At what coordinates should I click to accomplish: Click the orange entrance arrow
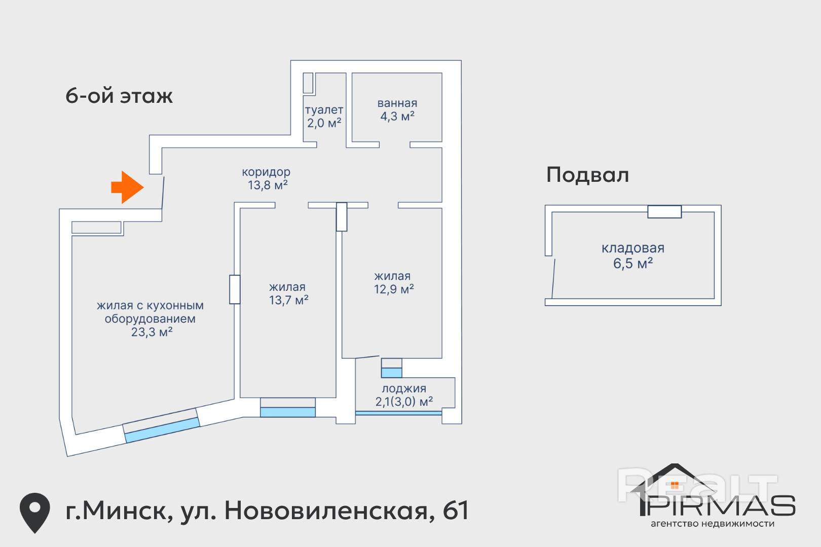(x=127, y=187)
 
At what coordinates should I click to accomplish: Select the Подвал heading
(x=587, y=175)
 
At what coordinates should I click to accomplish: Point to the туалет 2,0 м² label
(x=324, y=116)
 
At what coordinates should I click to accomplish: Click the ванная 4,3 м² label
(x=397, y=110)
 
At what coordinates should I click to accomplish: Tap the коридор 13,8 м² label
(x=267, y=179)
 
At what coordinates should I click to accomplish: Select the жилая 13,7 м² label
(x=288, y=294)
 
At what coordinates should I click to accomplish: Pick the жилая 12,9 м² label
(x=393, y=283)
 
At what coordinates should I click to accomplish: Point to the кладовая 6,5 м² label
(x=632, y=256)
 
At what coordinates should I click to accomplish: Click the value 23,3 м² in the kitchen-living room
(x=152, y=332)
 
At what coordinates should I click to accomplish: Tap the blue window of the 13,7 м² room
(x=288, y=412)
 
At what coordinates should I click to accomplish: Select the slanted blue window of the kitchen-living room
(x=162, y=429)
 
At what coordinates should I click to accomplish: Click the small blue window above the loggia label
(x=391, y=373)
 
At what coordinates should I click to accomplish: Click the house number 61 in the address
(x=456, y=511)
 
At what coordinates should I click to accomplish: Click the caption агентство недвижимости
(x=712, y=524)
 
